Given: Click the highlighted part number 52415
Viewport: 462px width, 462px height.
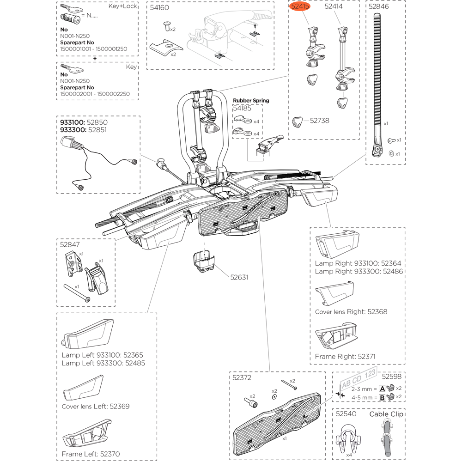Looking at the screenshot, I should pyautogui.click(x=300, y=7).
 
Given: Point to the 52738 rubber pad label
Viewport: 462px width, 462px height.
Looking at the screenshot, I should pyautogui.click(x=320, y=120).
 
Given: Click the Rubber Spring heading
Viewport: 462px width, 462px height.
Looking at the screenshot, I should pyautogui.click(x=251, y=100).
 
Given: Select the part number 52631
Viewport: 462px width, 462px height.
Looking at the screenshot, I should pyautogui.click(x=239, y=277).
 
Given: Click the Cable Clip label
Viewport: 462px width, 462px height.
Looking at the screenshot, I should pyautogui.click(x=386, y=414).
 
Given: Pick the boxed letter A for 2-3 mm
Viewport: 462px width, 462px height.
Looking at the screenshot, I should pyautogui.click(x=382, y=389).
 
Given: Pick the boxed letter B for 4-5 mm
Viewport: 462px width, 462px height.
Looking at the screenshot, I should pyautogui.click(x=382, y=397).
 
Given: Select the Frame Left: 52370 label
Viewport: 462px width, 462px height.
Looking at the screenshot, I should pyautogui.click(x=91, y=454).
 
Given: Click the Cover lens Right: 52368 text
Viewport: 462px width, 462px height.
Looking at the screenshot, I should pyautogui.click(x=351, y=311).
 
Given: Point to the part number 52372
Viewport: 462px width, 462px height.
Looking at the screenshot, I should pyautogui.click(x=242, y=377).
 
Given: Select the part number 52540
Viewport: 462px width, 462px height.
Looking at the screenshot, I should pyautogui.click(x=346, y=414).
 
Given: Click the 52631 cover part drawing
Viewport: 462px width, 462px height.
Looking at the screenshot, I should pyautogui.click(x=204, y=262).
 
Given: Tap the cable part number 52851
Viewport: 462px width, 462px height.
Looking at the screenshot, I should pyautogui.click(x=97, y=130).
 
